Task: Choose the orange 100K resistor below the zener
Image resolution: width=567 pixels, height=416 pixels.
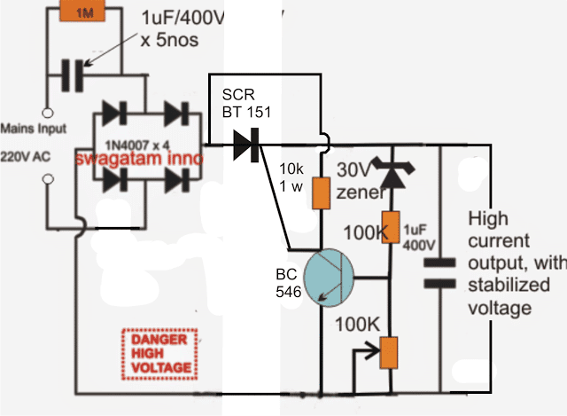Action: coord(386,227)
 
